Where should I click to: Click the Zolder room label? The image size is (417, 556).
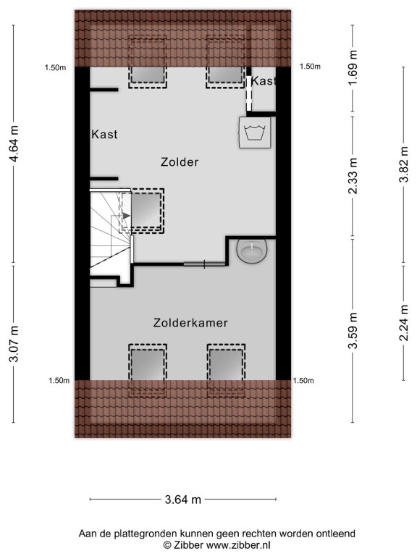point(180,162)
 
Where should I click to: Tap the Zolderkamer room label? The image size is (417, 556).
point(190,323)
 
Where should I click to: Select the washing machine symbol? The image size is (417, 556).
point(255,132)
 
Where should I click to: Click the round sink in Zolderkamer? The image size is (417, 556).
point(252,250)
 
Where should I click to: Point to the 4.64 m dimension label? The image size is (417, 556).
point(14,143)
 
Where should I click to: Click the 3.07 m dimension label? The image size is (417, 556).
point(14,344)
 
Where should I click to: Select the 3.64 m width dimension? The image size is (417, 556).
point(183,500)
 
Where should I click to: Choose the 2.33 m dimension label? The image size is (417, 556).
point(353,176)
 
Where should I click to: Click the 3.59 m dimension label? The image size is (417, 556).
point(353,330)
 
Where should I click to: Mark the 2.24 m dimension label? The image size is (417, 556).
point(404,322)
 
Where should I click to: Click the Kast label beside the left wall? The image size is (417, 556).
point(104,135)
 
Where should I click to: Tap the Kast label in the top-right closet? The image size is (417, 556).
point(263,81)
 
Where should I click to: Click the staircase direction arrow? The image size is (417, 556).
point(127,215)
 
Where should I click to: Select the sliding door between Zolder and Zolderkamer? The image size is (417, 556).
point(204,264)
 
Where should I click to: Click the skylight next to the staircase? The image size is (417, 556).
point(143,211)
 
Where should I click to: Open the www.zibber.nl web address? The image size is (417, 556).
point(238,544)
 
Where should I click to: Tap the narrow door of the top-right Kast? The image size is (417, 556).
point(249,93)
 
